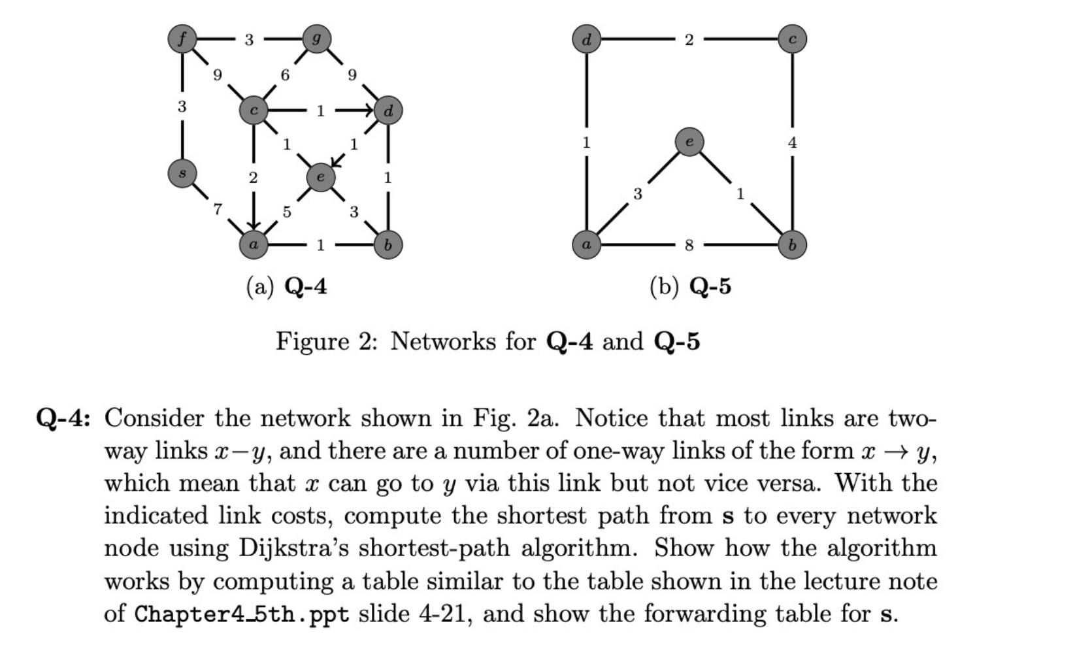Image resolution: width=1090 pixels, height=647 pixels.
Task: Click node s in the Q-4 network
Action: (x=182, y=173)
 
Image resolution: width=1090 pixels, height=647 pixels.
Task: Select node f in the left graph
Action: (x=182, y=39)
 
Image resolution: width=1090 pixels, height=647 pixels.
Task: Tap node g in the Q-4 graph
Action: (x=317, y=39)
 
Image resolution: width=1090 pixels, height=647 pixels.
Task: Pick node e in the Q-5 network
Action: (x=689, y=142)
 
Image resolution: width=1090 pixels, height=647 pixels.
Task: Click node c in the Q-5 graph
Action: (x=792, y=39)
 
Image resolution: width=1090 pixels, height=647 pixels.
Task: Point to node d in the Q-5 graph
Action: (x=586, y=39)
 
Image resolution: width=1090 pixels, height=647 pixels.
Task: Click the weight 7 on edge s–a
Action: (x=218, y=209)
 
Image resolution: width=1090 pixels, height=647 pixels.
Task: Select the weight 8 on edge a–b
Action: (x=689, y=245)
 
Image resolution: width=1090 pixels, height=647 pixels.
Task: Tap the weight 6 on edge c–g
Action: (x=285, y=75)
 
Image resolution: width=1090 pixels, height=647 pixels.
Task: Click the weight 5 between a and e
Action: (x=286, y=212)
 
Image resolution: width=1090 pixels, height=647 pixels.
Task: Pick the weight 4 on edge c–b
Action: (x=792, y=142)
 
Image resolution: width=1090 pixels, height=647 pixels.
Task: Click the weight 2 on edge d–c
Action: (x=689, y=40)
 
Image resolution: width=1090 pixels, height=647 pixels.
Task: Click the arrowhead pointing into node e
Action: (x=336, y=161)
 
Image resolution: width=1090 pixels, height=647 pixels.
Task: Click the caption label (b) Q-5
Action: (x=690, y=286)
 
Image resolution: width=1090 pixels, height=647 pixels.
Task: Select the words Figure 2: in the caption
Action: (x=326, y=341)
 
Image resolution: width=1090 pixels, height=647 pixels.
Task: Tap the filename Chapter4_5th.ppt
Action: (x=242, y=614)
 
